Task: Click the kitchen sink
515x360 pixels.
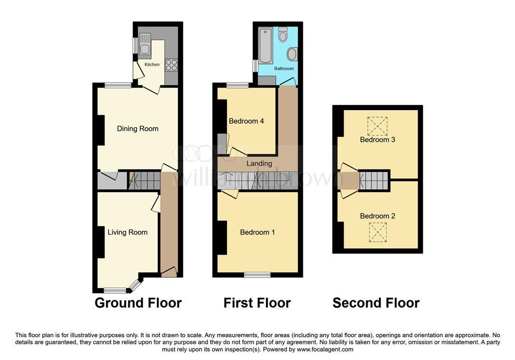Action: pyautogui.click(x=144, y=44)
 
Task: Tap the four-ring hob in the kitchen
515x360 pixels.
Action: pyautogui.click(x=171, y=65)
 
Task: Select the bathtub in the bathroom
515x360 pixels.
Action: pyautogui.click(x=266, y=46)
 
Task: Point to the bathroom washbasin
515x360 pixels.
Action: pyautogui.click(x=292, y=54)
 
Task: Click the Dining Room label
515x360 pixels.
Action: pyautogui.click(x=138, y=128)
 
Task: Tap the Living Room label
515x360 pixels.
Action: pyautogui.click(x=127, y=232)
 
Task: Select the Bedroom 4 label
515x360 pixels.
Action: pyautogui.click(x=246, y=121)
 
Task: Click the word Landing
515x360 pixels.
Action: pyautogui.click(x=259, y=163)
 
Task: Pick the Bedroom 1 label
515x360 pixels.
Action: pyautogui.click(x=257, y=232)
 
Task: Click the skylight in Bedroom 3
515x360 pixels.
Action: pyautogui.click(x=377, y=126)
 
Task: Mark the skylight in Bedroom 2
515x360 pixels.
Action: pyautogui.click(x=378, y=232)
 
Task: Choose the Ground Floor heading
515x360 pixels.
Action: pyautogui.click(x=138, y=303)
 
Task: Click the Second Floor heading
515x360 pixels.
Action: pyautogui.click(x=376, y=303)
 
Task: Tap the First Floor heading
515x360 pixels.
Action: pyautogui.click(x=257, y=303)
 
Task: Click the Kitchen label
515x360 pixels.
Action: pyautogui.click(x=152, y=64)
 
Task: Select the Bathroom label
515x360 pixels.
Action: pyautogui.click(x=284, y=68)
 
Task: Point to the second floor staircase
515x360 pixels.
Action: pyautogui.click(x=374, y=181)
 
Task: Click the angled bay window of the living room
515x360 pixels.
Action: pyautogui.click(x=135, y=286)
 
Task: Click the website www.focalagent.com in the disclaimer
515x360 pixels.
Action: pyautogui.click(x=325, y=349)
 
